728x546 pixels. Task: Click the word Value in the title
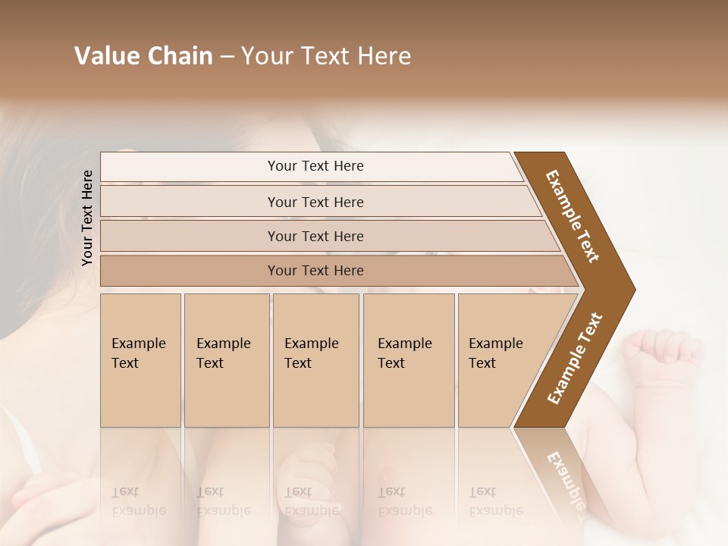coord(105,56)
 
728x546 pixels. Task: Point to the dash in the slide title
coord(227,57)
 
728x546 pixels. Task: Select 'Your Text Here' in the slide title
coord(326,56)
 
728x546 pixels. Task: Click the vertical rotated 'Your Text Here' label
coord(87,218)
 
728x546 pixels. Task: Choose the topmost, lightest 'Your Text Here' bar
coord(315,166)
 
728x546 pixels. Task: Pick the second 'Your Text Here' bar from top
coord(315,202)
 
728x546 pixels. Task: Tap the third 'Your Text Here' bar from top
coord(315,236)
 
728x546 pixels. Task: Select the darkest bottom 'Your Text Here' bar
coord(315,271)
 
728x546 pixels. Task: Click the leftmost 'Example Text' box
coord(140,360)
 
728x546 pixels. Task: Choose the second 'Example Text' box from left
coord(226,360)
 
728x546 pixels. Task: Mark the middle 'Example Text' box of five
coord(315,360)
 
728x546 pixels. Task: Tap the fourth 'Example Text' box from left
coord(408,360)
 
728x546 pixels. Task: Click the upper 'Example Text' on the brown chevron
coord(573,216)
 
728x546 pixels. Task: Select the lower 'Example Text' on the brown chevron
coord(575,358)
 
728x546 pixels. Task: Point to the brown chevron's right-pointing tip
coord(631,290)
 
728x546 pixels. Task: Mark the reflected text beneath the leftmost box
coord(138,502)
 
